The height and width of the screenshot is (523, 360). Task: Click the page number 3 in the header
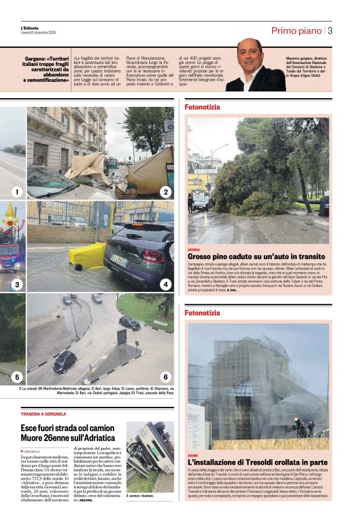pyautogui.click(x=330, y=30)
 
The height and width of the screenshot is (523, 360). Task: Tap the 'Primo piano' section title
pyautogui.click(x=296, y=30)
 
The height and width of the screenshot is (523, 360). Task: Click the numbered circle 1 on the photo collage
pyautogui.click(x=16, y=192)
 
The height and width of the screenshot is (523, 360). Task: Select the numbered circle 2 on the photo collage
pyautogui.click(x=165, y=192)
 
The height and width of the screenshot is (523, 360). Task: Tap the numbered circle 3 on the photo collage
pyautogui.click(x=16, y=284)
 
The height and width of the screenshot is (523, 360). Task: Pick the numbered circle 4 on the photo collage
pyautogui.click(x=165, y=284)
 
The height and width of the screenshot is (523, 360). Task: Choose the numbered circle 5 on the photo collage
pyautogui.click(x=16, y=376)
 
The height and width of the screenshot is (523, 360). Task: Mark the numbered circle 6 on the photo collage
pyautogui.click(x=165, y=376)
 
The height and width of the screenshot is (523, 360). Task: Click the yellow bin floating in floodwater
pyautogui.click(x=86, y=257)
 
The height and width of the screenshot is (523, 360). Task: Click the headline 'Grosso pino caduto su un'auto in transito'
pyautogui.click(x=256, y=257)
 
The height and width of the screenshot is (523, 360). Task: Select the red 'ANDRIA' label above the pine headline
pyautogui.click(x=194, y=249)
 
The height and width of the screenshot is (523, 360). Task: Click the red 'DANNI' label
pyautogui.click(x=193, y=455)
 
